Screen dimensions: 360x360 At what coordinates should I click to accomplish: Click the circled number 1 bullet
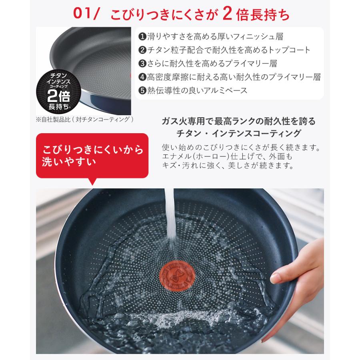click(x=142, y=36)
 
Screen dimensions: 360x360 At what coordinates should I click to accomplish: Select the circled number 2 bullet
click(x=142, y=50)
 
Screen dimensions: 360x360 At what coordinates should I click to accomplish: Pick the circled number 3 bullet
click(x=142, y=63)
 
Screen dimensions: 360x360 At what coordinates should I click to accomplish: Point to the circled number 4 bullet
click(x=142, y=77)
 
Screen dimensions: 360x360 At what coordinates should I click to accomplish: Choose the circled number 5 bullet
click(x=142, y=90)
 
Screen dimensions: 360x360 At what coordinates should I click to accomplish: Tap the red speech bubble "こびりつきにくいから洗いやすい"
click(x=92, y=156)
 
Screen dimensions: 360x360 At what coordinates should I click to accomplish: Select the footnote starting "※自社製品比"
click(x=84, y=119)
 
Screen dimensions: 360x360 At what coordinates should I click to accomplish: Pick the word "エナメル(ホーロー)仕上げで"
click(x=206, y=156)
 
